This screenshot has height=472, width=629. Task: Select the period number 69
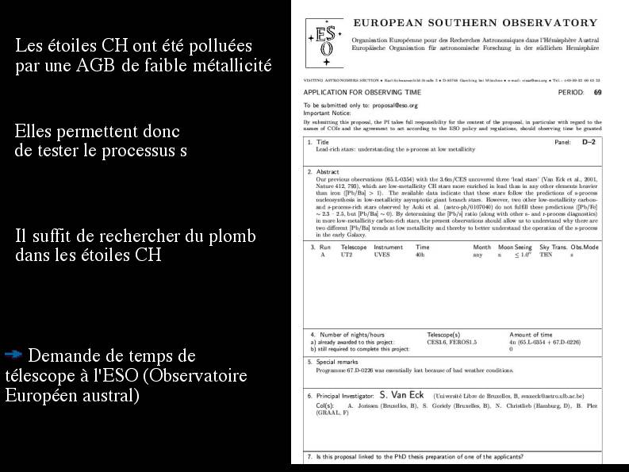(x=598, y=93)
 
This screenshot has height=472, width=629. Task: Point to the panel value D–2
(x=588, y=143)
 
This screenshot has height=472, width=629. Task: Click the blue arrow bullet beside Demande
(x=13, y=353)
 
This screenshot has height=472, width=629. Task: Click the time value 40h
(x=421, y=255)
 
